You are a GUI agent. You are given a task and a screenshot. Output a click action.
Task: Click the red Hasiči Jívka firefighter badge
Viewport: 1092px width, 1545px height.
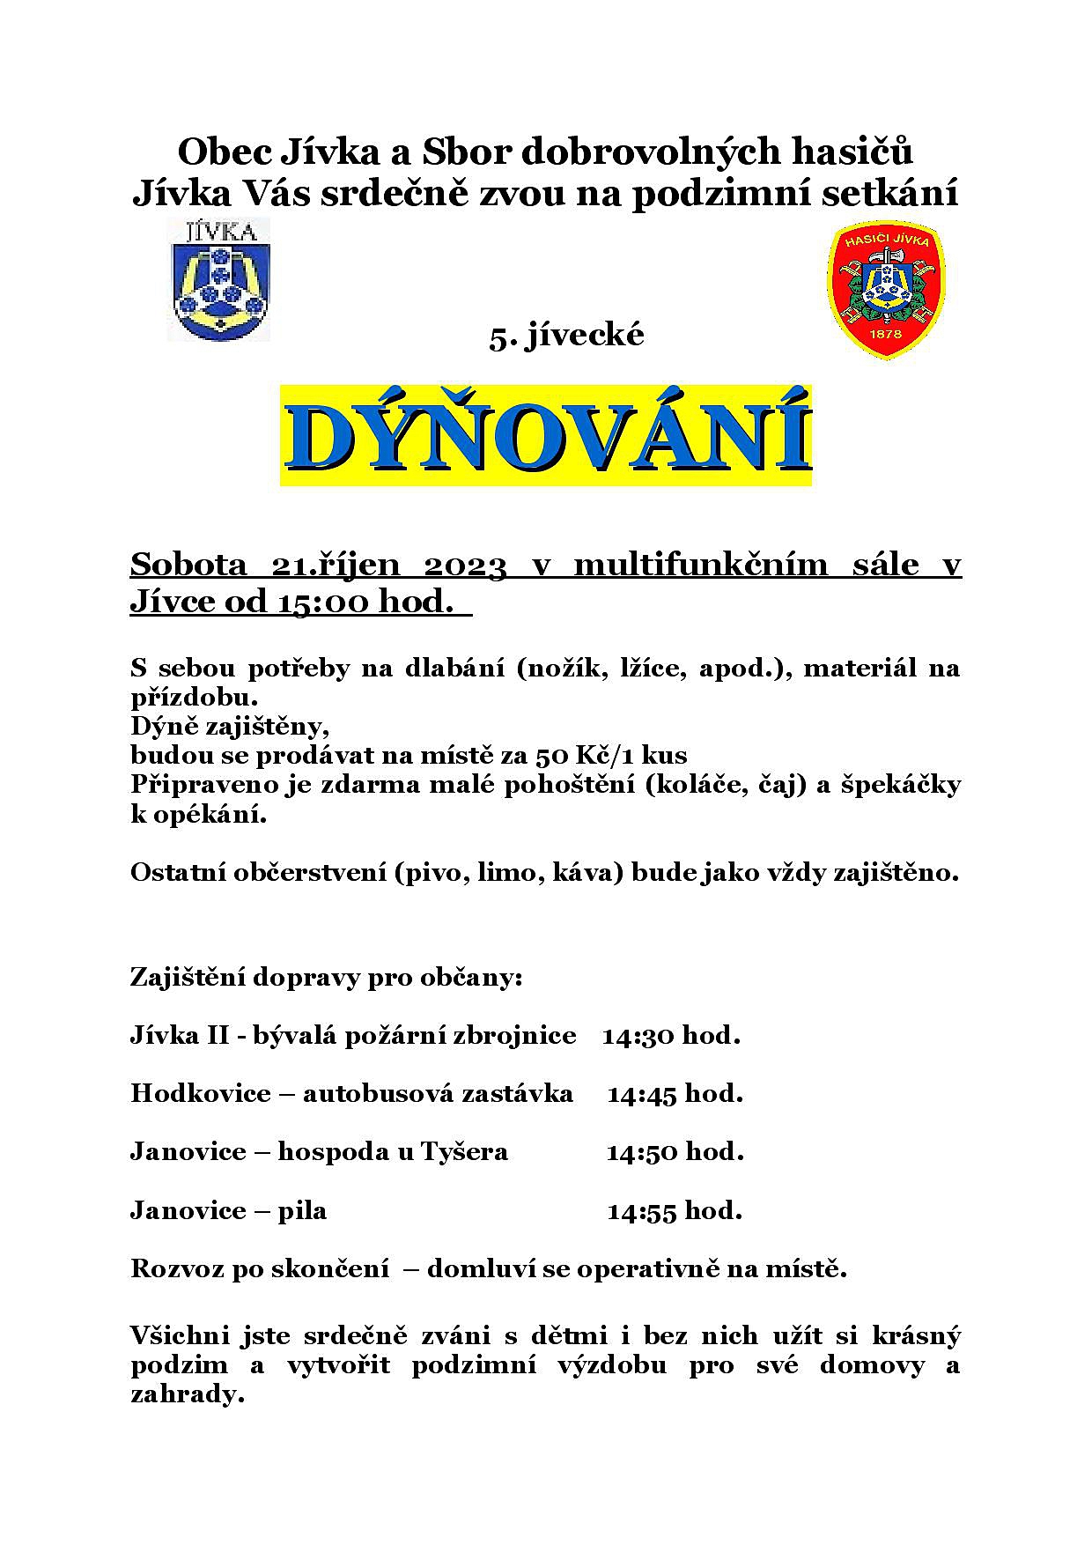point(886,291)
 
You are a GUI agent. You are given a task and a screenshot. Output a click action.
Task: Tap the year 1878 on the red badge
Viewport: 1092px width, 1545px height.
point(885,336)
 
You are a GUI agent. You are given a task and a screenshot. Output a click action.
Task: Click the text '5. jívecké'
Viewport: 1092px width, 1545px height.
point(567,336)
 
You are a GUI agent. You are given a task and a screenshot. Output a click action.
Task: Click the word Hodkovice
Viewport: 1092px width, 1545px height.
point(201,1093)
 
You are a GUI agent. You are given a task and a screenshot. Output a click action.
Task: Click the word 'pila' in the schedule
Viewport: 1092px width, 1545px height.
point(302,1211)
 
